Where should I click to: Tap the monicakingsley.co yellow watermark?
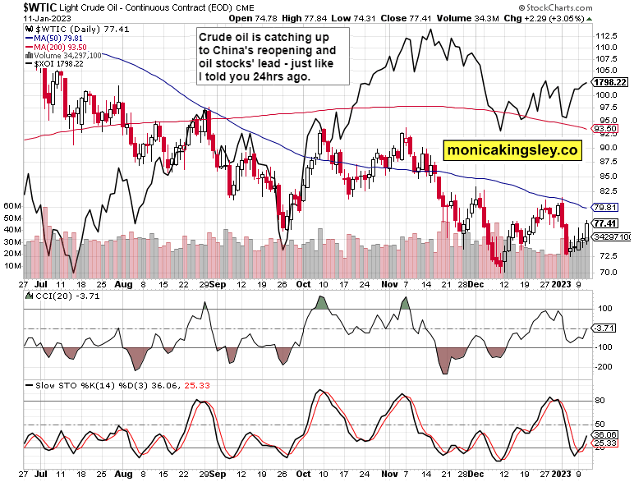click(512, 150)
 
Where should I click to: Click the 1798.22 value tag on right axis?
click(610, 82)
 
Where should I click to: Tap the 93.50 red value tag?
click(604, 129)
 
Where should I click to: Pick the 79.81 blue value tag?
click(604, 207)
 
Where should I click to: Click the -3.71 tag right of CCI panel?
click(604, 328)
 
